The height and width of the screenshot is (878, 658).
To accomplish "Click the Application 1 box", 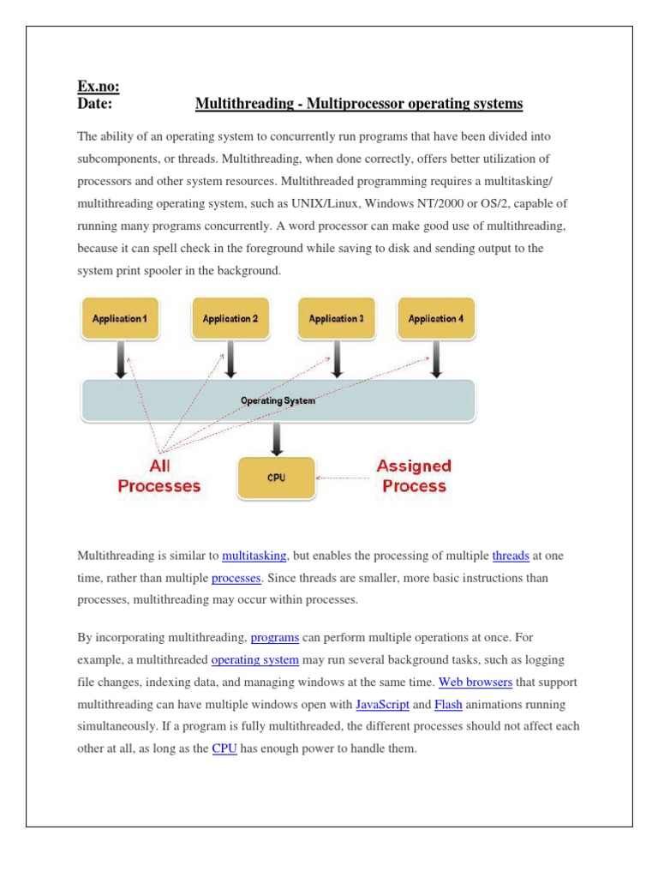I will pyautogui.click(x=121, y=318).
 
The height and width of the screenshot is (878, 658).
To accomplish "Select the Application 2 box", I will pyautogui.click(x=230, y=318).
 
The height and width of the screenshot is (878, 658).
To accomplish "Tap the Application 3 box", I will pyautogui.click(x=336, y=318).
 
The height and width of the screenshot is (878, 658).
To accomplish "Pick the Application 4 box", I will pyautogui.click(x=436, y=318).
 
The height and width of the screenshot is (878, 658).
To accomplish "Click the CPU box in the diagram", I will pyautogui.click(x=276, y=478).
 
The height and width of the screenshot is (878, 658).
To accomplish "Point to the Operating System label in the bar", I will pyautogui.click(x=277, y=400).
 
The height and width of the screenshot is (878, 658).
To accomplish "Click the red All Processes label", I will pyautogui.click(x=159, y=476).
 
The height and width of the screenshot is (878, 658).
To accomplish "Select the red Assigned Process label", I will pyautogui.click(x=414, y=476).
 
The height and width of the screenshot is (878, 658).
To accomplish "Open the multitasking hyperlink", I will pyautogui.click(x=254, y=556).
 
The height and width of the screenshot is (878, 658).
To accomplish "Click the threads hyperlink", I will pyautogui.click(x=511, y=556).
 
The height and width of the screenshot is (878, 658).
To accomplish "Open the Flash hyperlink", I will pyautogui.click(x=448, y=705).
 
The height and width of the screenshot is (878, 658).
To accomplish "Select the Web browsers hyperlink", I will pyautogui.click(x=476, y=683).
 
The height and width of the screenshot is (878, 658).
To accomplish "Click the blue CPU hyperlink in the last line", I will pyautogui.click(x=224, y=749).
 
